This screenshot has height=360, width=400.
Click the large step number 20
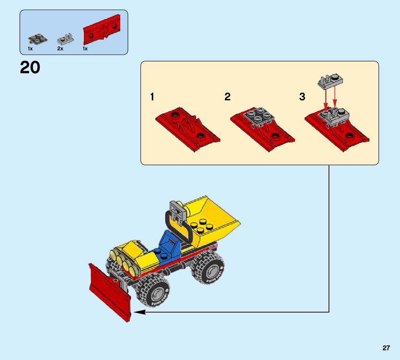[x=30, y=68]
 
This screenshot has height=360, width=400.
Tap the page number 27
[x=386, y=348]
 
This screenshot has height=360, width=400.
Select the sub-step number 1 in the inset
[x=152, y=97]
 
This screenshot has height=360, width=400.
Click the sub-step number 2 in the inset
[x=228, y=97]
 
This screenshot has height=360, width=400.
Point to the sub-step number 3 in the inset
[x=302, y=97]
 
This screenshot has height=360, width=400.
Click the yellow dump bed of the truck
[x=212, y=219]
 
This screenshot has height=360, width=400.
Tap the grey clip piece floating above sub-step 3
[x=330, y=81]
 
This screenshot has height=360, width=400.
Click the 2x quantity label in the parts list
[x=60, y=49]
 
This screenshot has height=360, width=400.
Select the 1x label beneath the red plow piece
[x=85, y=49]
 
